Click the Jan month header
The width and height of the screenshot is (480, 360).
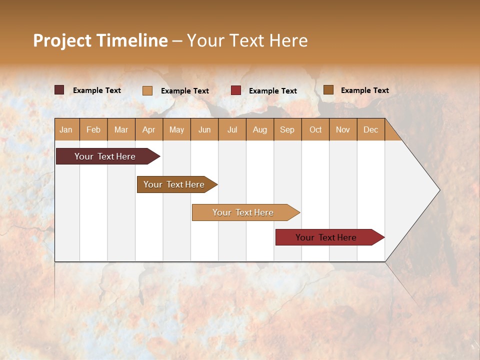(66, 129)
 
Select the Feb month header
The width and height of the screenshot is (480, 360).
(93, 129)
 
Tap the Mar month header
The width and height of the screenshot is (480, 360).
(121, 129)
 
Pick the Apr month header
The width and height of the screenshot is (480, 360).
(149, 129)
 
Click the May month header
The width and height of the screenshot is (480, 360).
(176, 129)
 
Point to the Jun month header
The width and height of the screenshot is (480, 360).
(204, 129)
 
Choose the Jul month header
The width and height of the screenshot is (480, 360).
(232, 129)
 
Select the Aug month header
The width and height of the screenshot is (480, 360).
(260, 129)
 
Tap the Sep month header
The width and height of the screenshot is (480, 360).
(287, 129)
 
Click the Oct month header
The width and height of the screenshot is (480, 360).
(315, 129)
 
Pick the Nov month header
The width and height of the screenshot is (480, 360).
(343, 129)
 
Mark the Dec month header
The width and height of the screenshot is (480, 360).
(370, 129)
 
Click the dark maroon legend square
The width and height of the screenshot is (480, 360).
(59, 90)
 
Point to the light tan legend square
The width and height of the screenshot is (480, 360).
(147, 90)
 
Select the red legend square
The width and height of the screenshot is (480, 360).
(236, 90)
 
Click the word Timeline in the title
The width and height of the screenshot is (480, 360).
(132, 40)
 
